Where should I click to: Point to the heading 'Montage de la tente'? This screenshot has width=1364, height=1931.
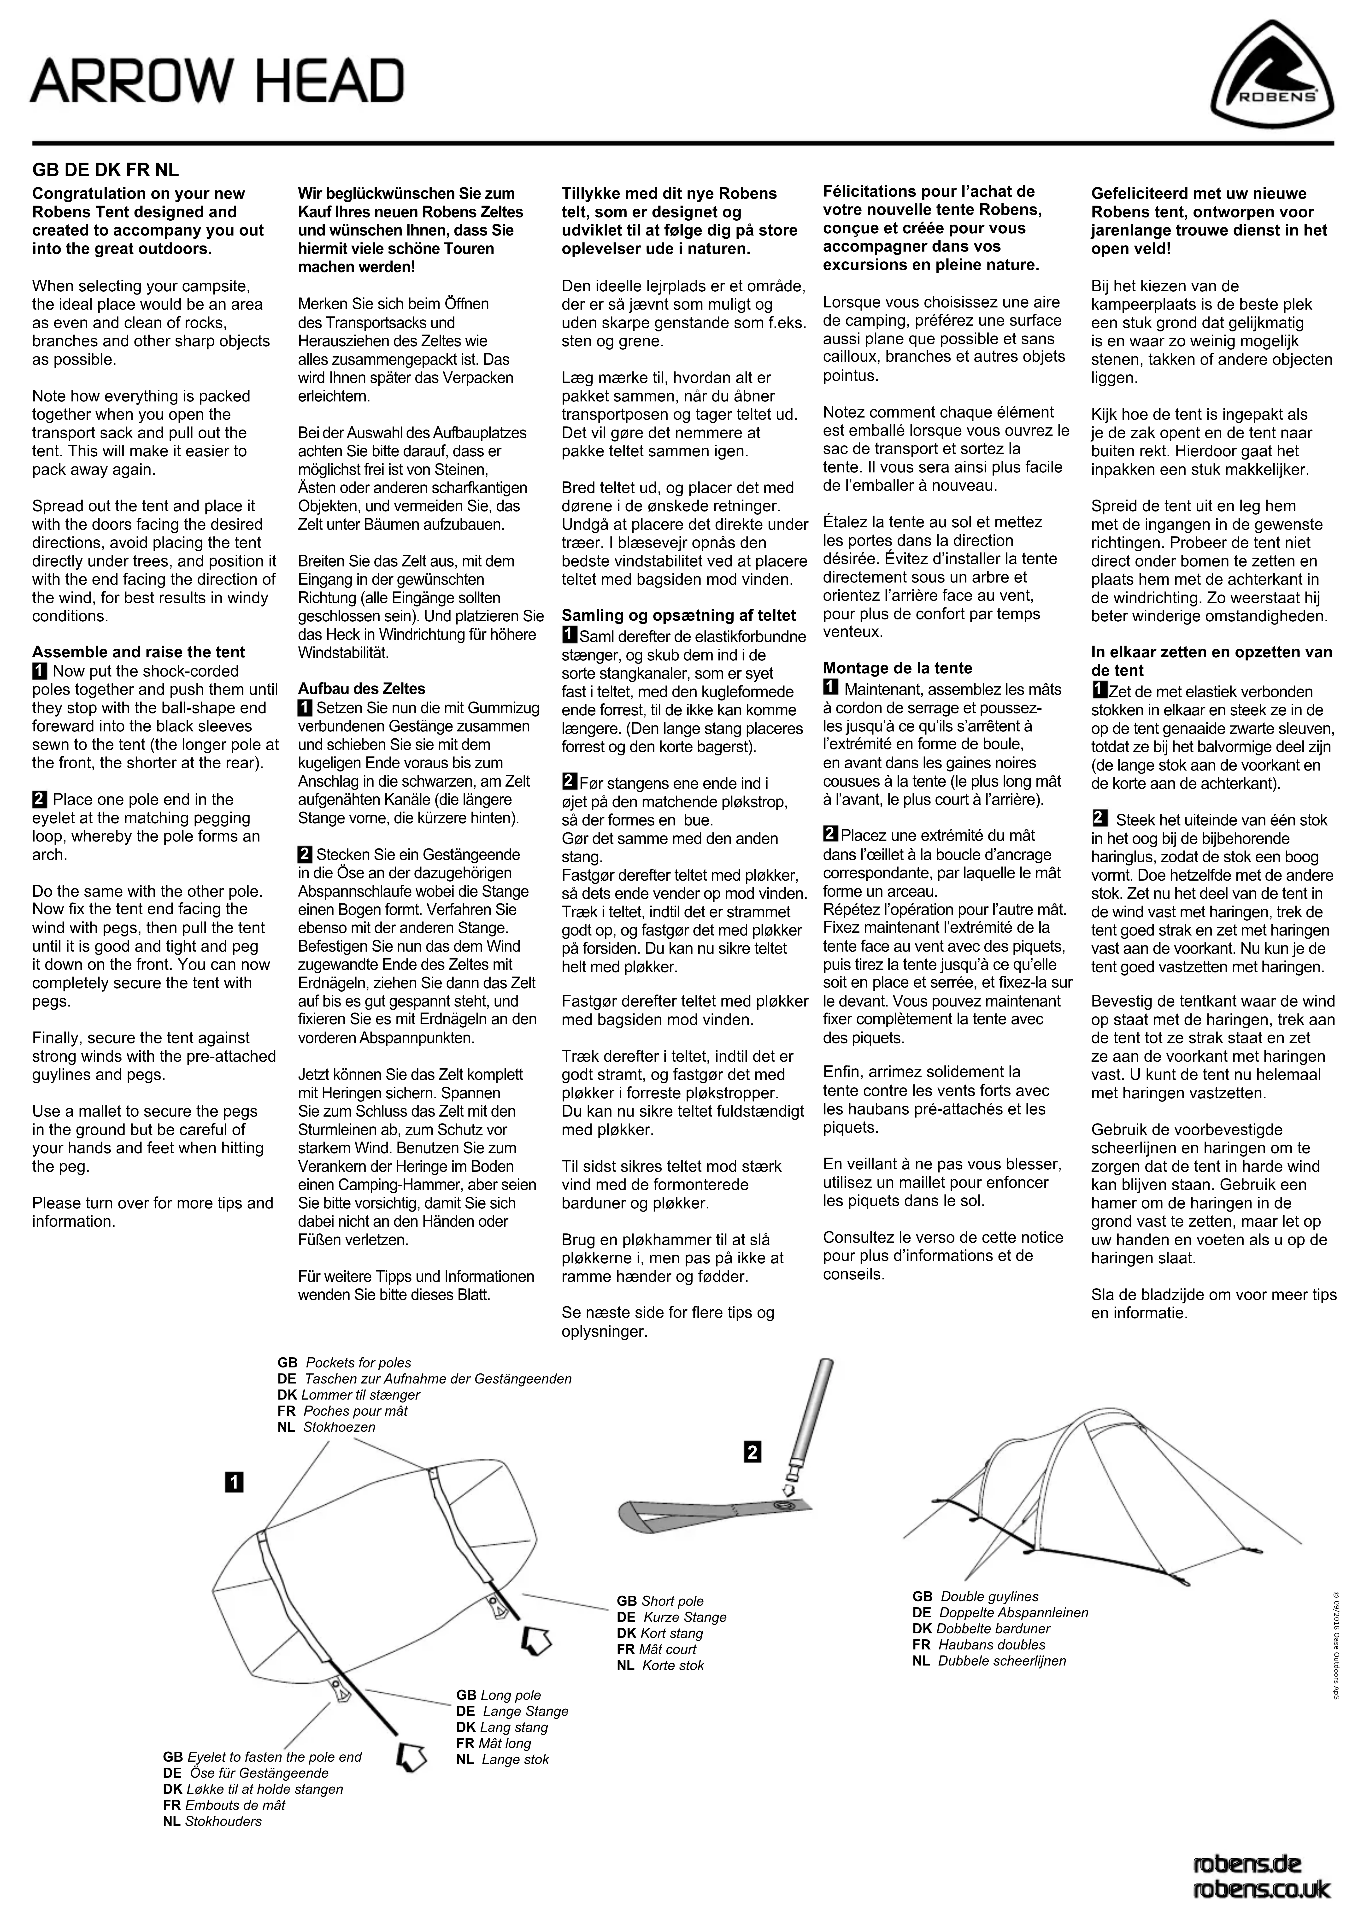tap(897, 669)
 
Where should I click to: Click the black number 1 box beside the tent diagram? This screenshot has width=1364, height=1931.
tap(234, 1482)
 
